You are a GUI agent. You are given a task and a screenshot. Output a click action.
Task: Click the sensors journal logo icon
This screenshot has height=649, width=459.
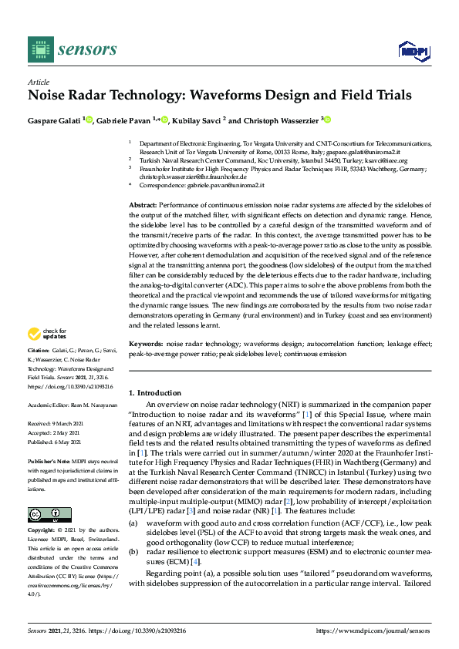click(38, 49)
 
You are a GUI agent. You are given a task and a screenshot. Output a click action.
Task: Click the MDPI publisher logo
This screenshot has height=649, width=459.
click(413, 51)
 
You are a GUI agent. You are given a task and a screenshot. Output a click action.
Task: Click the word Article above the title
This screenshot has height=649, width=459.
click(38, 82)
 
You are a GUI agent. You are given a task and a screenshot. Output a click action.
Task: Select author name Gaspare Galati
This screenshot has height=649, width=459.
click(54, 120)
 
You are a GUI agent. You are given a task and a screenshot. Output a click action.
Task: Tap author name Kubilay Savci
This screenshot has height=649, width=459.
click(198, 120)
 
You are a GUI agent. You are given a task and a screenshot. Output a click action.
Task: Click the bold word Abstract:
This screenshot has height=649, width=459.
click(143, 204)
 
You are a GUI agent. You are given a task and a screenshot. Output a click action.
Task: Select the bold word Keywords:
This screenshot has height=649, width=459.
click(145, 343)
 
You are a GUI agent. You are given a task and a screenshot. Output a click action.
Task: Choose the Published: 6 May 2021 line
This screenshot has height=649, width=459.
click(60, 442)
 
